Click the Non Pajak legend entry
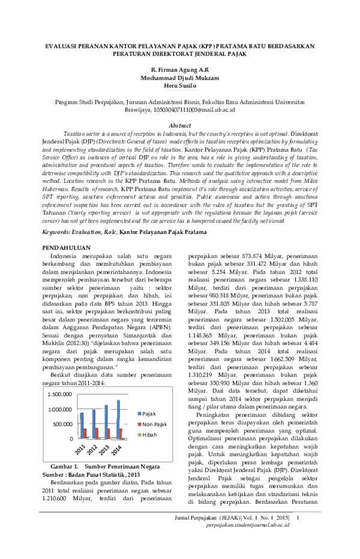click(152, 424)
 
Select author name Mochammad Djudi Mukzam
click(179, 78)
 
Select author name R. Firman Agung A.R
click(180, 70)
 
